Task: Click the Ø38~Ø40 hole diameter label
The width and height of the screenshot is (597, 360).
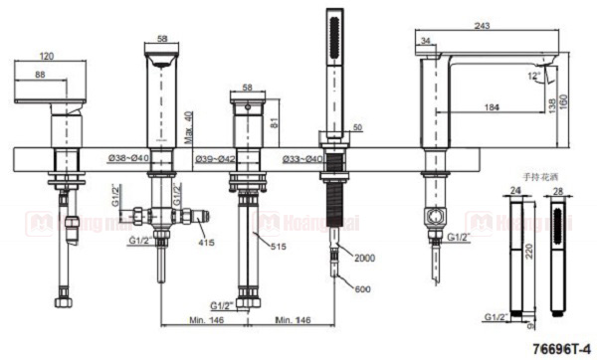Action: click(130, 158)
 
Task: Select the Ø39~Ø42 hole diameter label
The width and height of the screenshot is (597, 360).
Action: click(216, 158)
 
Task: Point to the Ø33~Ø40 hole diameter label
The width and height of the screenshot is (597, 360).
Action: click(301, 158)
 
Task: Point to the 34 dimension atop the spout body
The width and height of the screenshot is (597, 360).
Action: click(426, 41)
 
